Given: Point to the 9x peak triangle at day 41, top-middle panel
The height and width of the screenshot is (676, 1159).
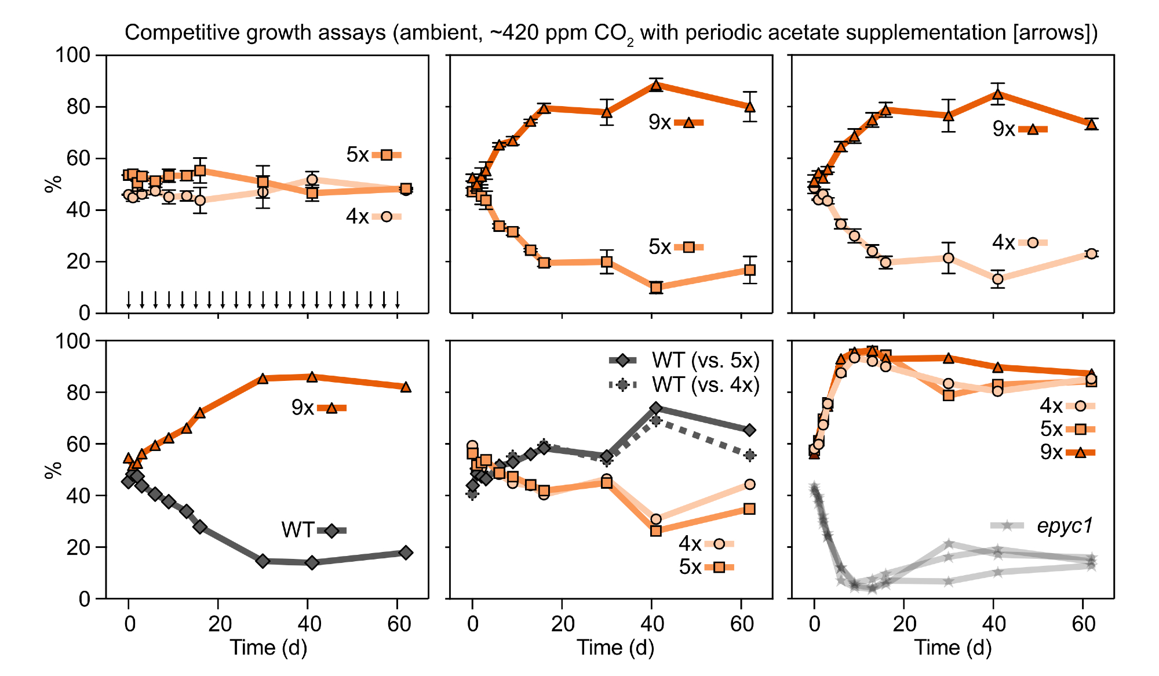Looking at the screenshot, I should pos(656,86).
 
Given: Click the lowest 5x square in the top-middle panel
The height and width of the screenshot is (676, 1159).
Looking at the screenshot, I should pos(656,288).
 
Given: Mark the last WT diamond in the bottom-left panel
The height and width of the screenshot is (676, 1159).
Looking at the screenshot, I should pos(406,553).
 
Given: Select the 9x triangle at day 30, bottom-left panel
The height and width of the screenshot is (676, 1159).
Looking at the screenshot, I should pos(263,379).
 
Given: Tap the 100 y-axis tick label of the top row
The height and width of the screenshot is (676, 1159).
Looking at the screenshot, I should pos(73,56).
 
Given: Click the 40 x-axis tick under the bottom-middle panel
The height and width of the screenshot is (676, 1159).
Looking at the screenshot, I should pos(653,624).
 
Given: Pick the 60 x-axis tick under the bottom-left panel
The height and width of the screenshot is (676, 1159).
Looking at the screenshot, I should pos(399,624).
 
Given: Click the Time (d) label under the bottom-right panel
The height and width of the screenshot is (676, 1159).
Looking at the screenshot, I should pos(953,648).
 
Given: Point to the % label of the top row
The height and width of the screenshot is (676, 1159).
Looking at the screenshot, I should pos(53,184).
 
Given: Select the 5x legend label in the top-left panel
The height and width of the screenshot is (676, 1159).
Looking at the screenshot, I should pos(358,155).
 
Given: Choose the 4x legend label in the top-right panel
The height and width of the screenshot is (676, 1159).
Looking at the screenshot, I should pos(1003,242).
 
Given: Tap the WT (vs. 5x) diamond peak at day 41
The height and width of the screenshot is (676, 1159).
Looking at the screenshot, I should pos(656,408).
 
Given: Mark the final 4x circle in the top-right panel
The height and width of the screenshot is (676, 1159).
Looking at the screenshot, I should pos(1092,253).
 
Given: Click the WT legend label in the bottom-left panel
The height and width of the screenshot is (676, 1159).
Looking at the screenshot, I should pos(297,530).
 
